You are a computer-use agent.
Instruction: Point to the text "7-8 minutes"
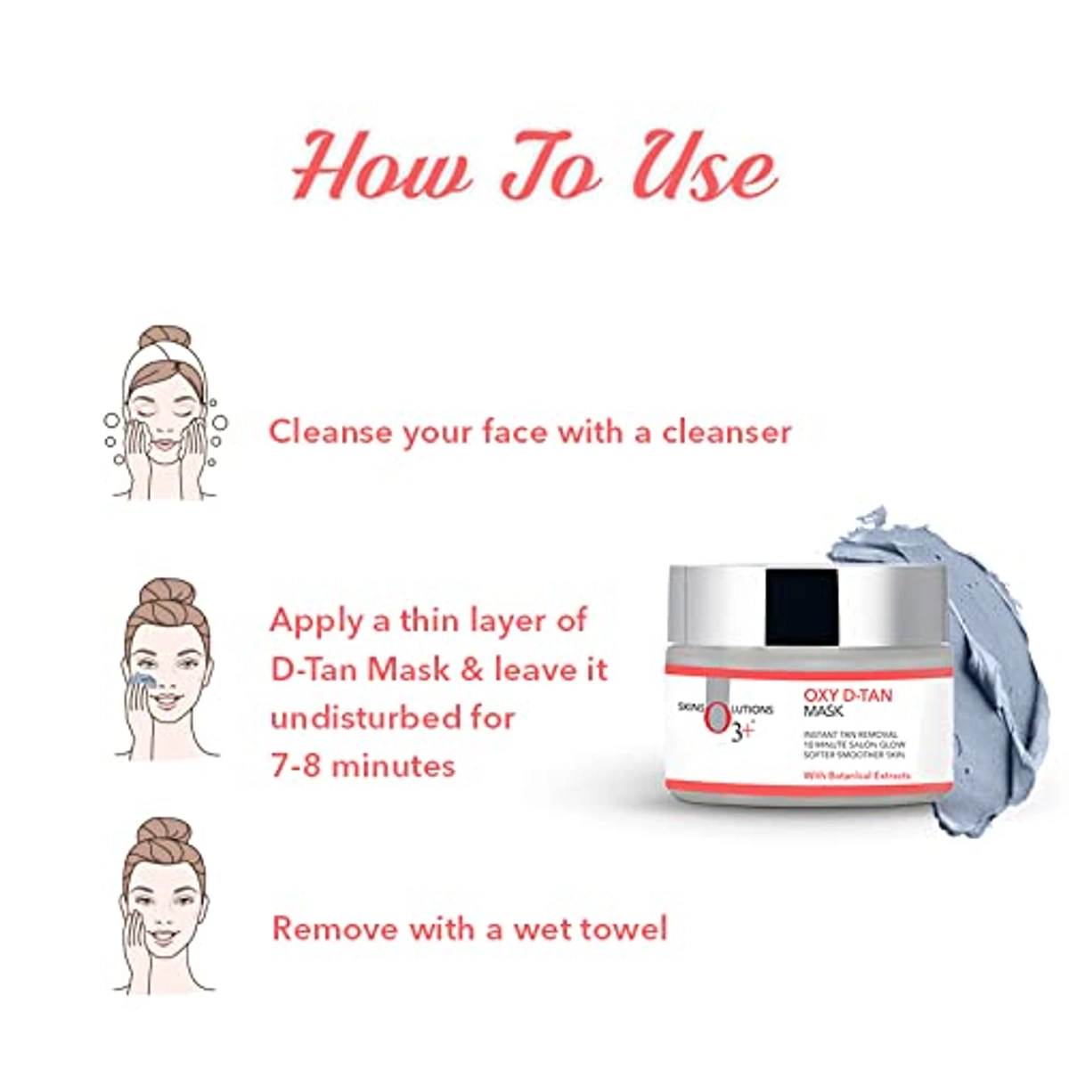click(x=363, y=765)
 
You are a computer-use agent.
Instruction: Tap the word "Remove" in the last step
click(x=335, y=928)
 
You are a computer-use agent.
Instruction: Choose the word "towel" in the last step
click(x=624, y=928)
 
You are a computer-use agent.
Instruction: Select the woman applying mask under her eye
click(x=166, y=668)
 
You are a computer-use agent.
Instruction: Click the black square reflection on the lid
click(x=802, y=606)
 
